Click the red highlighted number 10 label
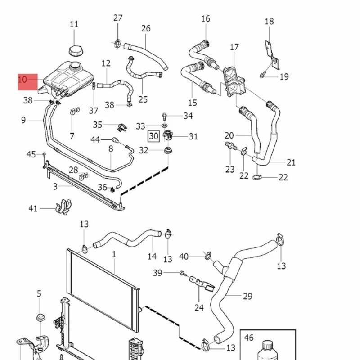[x=28, y=81]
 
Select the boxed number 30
[x=153, y=135]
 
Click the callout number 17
[x=234, y=47]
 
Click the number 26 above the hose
[x=146, y=29]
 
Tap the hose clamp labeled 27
[x=117, y=43]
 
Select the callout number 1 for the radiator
[x=114, y=254]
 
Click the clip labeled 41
[x=63, y=207]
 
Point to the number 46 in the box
[x=249, y=337]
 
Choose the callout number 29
[x=247, y=296]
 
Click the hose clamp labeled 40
[x=207, y=256]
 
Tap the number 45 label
[x=31, y=155]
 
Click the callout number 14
[x=152, y=256]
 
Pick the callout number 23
[x=230, y=169]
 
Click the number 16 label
[x=206, y=19]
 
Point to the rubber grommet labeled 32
[x=168, y=150]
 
